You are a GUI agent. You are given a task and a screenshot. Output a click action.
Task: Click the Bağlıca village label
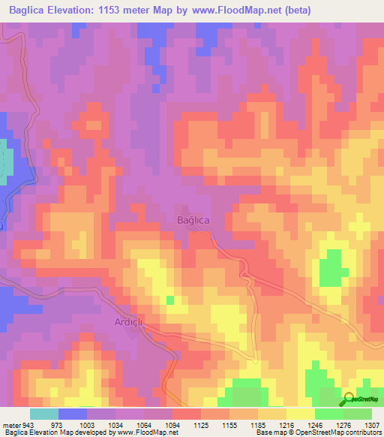pos(192,218)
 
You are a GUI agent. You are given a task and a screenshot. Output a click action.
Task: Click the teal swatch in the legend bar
pos(44,414)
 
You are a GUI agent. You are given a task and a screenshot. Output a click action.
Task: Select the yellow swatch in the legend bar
pos(300,414)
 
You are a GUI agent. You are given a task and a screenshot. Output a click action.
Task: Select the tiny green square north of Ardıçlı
pos(170,300)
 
